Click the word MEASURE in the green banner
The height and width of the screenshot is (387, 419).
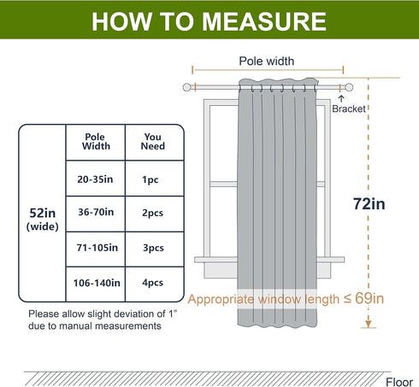tap(264, 21)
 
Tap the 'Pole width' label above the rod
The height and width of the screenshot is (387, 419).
tap(267, 61)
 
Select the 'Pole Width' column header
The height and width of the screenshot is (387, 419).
tap(96, 142)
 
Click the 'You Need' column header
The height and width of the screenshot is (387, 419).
tap(153, 142)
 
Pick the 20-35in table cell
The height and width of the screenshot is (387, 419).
tap(95, 179)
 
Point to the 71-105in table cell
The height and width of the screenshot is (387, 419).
tap(97, 248)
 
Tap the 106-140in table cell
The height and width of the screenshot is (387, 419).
tap(97, 283)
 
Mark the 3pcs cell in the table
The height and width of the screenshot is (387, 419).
tap(153, 248)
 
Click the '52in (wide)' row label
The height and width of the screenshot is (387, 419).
tap(43, 220)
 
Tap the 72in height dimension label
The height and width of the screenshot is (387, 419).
tap(369, 204)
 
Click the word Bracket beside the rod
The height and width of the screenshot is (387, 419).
tap(349, 108)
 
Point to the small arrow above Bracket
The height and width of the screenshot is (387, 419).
tap(341, 98)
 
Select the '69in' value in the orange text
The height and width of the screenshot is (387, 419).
tap(369, 298)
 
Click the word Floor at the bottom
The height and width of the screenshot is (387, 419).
tap(399, 382)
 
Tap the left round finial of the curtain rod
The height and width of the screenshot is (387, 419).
tap(186, 87)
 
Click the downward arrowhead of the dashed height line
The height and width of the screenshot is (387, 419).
tap(369, 324)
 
